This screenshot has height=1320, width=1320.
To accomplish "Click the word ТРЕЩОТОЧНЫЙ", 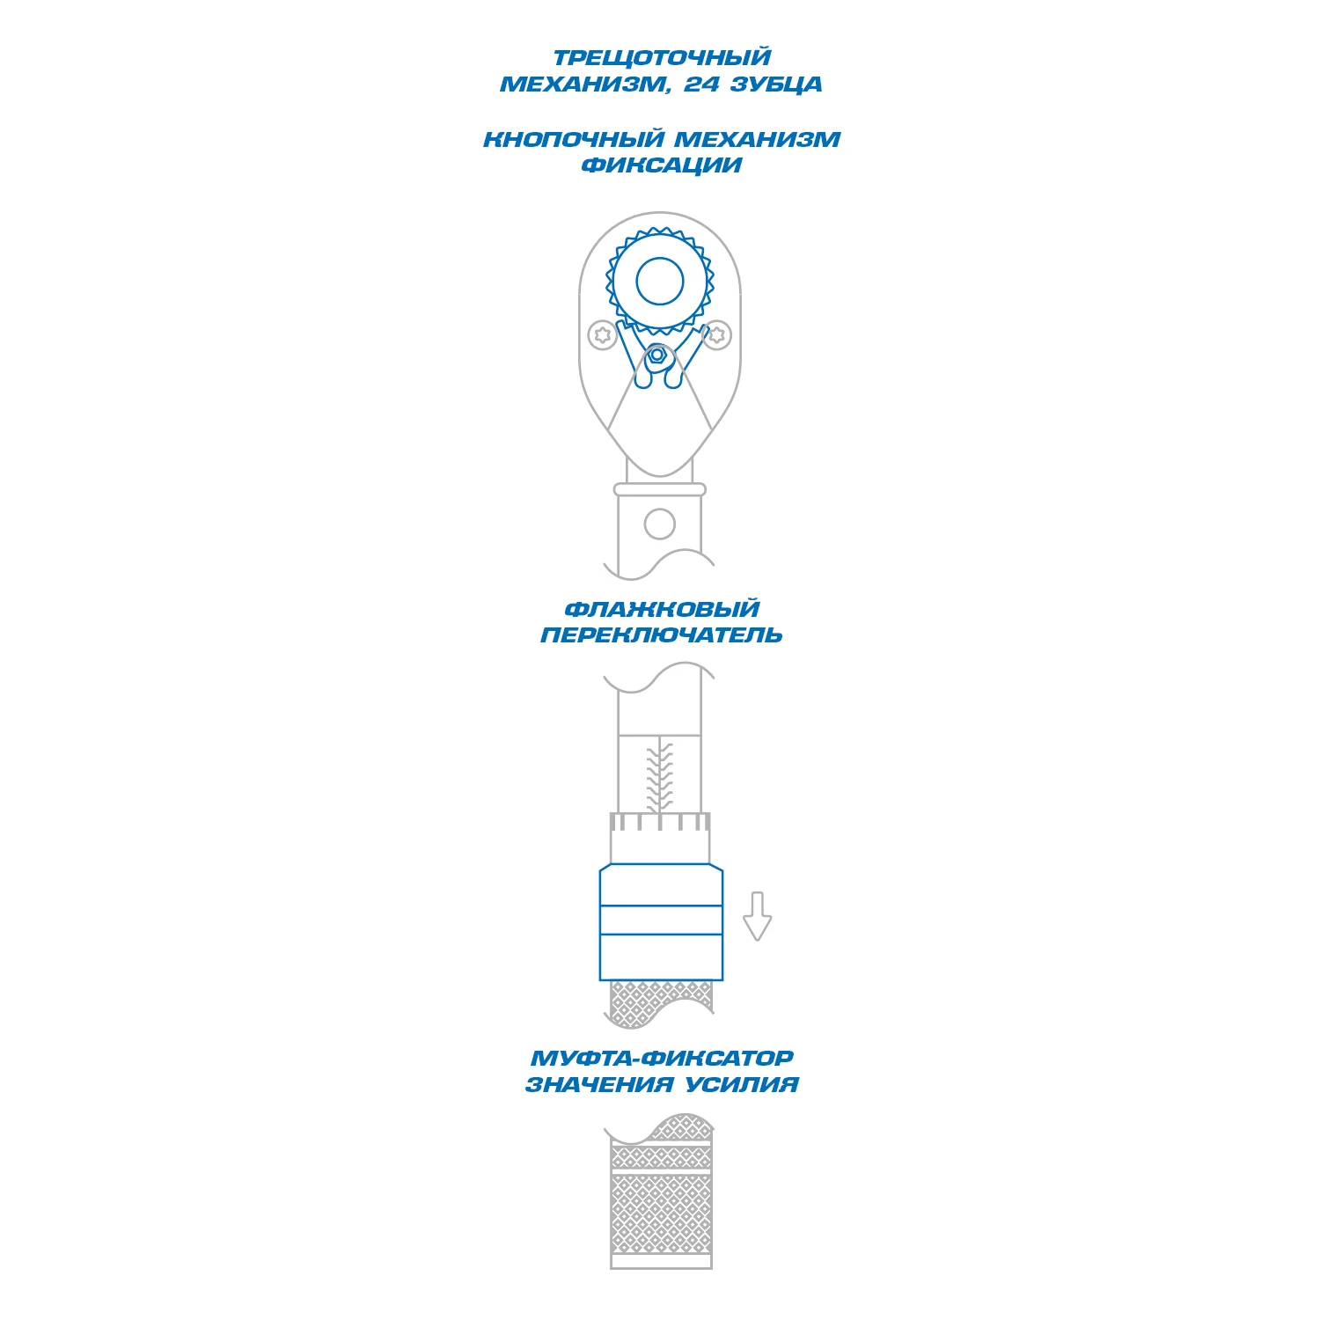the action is (662, 58).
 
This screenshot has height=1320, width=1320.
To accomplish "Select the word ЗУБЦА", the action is (777, 84).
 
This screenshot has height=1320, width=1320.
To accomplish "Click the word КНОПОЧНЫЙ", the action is (574, 139).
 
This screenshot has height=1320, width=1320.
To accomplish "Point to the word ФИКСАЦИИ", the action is (662, 165).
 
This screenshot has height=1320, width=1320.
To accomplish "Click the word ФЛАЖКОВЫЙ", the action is (662, 609).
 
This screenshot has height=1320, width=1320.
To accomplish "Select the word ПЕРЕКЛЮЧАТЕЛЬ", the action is (662, 635).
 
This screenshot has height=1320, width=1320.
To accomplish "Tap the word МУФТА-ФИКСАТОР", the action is (662, 1059).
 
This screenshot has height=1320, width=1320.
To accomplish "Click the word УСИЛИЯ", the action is (741, 1085).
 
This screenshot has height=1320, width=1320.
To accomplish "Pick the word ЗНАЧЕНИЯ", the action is (600, 1085).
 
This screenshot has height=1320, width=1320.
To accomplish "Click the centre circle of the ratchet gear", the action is (660, 282).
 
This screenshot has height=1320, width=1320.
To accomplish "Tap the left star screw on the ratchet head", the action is (602, 334).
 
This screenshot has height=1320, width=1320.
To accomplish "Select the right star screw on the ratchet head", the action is (718, 334).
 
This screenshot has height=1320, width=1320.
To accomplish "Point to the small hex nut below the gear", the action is (656, 355).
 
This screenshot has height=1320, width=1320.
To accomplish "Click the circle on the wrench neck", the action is (660, 524).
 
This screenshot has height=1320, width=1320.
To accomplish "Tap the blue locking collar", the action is (661, 922).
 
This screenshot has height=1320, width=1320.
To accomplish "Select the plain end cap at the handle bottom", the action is (661, 1262).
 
